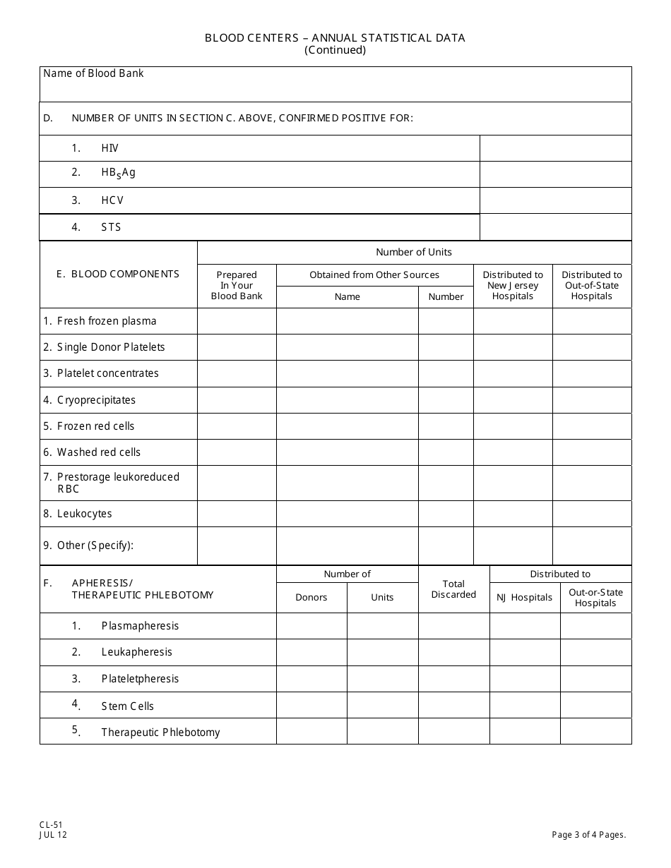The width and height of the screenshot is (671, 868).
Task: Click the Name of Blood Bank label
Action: coord(93,73)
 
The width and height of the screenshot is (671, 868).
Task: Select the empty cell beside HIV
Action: coord(555,148)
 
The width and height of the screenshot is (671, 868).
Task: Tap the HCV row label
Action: coord(112,200)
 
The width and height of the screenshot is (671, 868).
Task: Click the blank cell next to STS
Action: coord(555,227)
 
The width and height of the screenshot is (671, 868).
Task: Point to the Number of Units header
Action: coord(414,252)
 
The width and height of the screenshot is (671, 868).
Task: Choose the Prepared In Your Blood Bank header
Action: coord(237,285)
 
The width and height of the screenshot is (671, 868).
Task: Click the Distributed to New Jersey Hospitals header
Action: coord(513,285)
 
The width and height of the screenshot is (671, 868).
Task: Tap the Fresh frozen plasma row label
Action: coord(100,321)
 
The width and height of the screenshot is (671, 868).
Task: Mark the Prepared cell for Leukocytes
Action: coord(237,514)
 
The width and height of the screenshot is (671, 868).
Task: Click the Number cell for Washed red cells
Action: coord(446,452)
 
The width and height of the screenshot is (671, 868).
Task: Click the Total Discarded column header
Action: coord(453,589)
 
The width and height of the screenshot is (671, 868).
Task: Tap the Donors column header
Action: coord(311,597)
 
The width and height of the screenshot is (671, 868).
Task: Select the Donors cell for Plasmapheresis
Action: coord(311,626)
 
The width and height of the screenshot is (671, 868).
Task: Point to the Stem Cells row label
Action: coord(127,706)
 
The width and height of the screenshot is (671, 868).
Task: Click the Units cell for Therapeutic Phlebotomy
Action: coord(382,732)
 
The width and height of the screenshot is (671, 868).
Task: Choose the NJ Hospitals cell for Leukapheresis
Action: coord(525,652)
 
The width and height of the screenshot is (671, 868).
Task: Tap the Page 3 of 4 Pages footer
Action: coord(589,835)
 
